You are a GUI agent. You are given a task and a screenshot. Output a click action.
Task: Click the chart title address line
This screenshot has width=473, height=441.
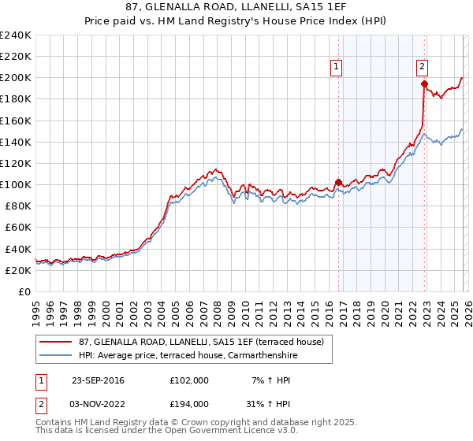pos(236,6)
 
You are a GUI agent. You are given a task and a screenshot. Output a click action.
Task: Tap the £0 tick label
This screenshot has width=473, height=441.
pos(24,291)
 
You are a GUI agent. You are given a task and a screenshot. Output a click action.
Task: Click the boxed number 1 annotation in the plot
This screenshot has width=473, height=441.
pos(337,68)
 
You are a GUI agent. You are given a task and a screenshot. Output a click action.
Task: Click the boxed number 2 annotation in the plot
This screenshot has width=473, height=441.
pos(423,68)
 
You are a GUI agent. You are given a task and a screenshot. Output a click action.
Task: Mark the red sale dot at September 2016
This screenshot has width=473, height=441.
pos(338,182)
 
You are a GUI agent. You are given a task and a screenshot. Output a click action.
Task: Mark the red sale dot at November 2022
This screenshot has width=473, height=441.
pos(424,83)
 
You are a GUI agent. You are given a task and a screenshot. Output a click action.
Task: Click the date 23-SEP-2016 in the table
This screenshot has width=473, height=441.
pos(98,380)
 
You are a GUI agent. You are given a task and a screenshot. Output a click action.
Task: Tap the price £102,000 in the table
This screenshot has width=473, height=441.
pos(188,380)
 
